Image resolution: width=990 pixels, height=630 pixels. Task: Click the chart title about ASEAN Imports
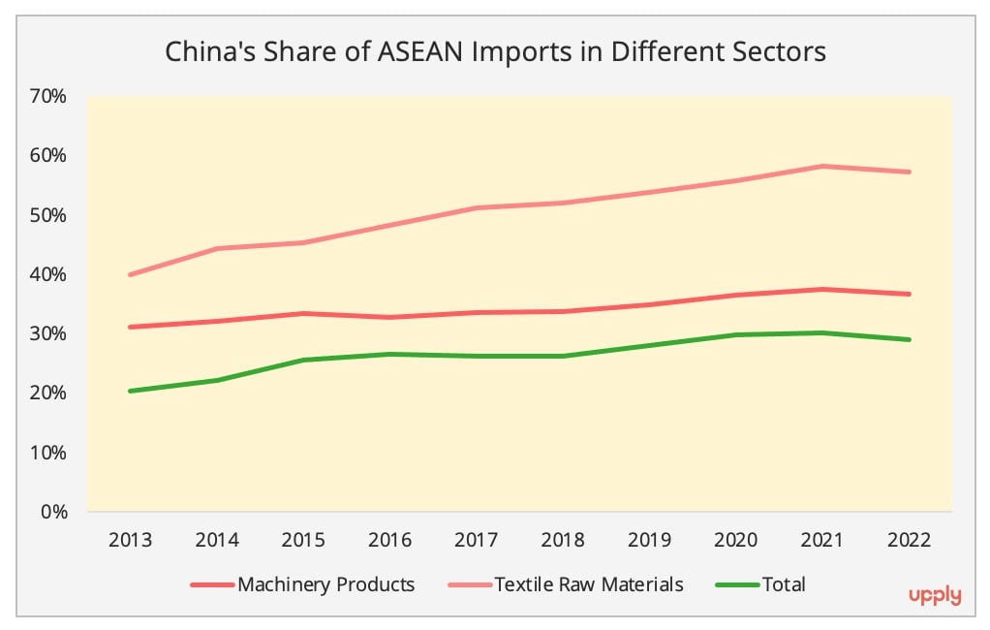[x=495, y=51]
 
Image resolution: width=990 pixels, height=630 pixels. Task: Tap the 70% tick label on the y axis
[x=47, y=96]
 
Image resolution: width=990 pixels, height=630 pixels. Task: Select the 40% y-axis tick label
[x=47, y=274]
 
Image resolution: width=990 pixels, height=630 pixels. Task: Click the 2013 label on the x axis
[x=130, y=540]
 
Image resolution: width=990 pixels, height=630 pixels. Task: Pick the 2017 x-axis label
[x=476, y=540]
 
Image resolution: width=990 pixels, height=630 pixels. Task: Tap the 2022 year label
[x=908, y=540]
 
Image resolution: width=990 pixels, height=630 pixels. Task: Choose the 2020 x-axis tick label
[x=735, y=540]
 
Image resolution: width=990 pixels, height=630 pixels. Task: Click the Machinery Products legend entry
[x=325, y=584]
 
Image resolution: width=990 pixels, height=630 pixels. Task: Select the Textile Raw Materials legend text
[x=589, y=584]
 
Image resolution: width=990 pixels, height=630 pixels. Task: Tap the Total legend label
[x=784, y=584]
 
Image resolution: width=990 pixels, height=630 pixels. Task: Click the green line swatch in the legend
[x=737, y=584]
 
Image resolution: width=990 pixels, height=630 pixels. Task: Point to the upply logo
[x=935, y=596]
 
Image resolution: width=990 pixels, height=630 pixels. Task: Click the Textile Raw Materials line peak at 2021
[x=821, y=166]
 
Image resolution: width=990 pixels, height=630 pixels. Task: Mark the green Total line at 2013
[x=130, y=391]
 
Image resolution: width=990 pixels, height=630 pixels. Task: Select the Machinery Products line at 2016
[x=389, y=317]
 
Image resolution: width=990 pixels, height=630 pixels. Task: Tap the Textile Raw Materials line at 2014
[x=217, y=248]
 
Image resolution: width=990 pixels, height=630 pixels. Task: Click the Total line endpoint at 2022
[x=908, y=339]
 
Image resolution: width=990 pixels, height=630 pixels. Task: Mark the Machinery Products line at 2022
[x=908, y=294]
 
